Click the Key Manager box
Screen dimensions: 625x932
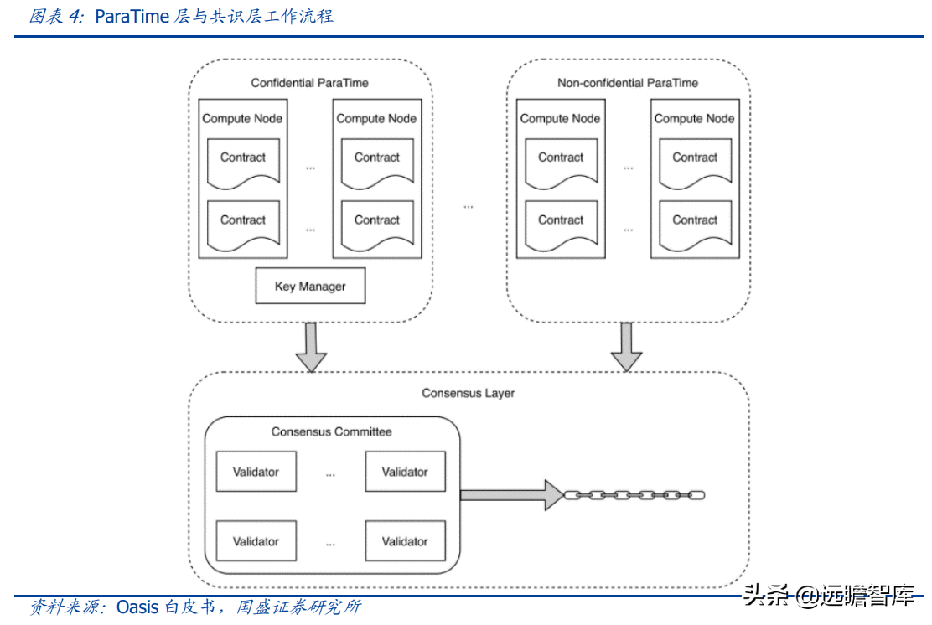coord(310,287)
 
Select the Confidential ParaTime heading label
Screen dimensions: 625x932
coord(309,83)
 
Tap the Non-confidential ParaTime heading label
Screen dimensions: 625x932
coord(627,83)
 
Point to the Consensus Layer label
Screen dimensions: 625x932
coord(468,393)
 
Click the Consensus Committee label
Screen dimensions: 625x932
coord(331,432)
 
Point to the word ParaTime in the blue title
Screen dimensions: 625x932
coord(132,16)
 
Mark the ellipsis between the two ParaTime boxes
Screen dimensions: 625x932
coord(469,206)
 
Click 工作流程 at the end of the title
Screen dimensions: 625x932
coord(301,16)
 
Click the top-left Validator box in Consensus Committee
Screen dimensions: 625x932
coord(256,473)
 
